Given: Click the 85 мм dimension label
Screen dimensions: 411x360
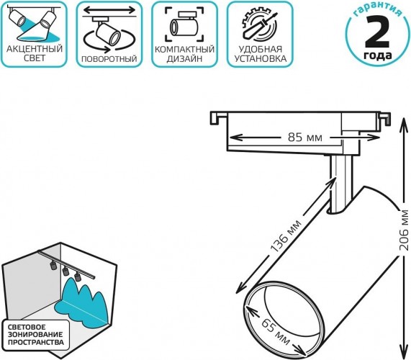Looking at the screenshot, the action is pyautogui.click(x=305, y=137).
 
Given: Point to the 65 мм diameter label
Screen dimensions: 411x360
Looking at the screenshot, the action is pyautogui.click(x=276, y=331).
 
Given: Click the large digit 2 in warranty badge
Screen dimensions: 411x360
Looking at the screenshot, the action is pyautogui.click(x=377, y=32).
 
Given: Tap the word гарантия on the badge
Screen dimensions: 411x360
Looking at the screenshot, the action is pyautogui.click(x=377, y=10).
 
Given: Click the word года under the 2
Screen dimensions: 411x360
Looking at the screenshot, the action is pyautogui.click(x=378, y=55).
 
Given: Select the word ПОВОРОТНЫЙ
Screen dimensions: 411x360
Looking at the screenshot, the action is pyautogui.click(x=109, y=59).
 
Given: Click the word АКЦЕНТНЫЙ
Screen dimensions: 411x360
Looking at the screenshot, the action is pyautogui.click(x=35, y=49).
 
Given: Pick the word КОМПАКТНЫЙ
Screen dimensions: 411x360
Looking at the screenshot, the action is pyautogui.click(x=184, y=49).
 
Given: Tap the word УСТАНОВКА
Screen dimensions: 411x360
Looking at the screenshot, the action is pyautogui.click(x=261, y=59).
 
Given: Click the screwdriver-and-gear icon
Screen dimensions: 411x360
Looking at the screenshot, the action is pyautogui.click(x=259, y=25).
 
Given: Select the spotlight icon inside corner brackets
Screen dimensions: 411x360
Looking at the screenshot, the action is pyautogui.click(x=184, y=24).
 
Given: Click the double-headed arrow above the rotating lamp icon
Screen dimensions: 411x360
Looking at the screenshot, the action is pyautogui.click(x=109, y=11).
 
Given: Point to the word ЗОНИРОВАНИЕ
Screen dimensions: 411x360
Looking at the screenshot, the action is pyautogui.click(x=35, y=335).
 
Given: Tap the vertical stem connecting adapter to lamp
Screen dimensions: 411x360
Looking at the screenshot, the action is pyautogui.click(x=340, y=183).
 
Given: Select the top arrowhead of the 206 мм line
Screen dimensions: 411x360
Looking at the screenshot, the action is pyautogui.click(x=402, y=121).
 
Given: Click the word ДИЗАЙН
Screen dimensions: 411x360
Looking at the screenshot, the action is pyautogui.click(x=184, y=59).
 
